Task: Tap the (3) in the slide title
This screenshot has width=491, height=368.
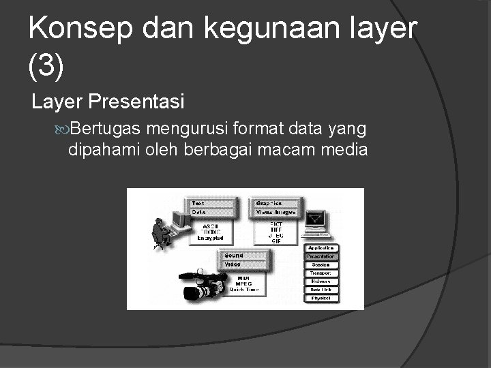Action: click(46, 66)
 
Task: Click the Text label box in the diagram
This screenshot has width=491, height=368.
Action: click(212, 203)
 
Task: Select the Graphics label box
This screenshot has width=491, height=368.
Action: click(276, 203)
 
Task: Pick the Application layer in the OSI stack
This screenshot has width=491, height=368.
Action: click(321, 248)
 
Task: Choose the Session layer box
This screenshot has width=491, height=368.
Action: click(321, 264)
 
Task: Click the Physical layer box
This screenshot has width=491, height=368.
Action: click(321, 298)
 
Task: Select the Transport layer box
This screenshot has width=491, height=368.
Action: click(321, 273)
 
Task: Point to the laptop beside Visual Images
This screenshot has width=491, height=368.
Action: click(315, 222)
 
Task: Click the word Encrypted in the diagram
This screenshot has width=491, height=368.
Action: click(210, 238)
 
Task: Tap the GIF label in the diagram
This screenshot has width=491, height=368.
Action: click(276, 241)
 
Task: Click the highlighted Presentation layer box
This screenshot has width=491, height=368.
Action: click(321, 256)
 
